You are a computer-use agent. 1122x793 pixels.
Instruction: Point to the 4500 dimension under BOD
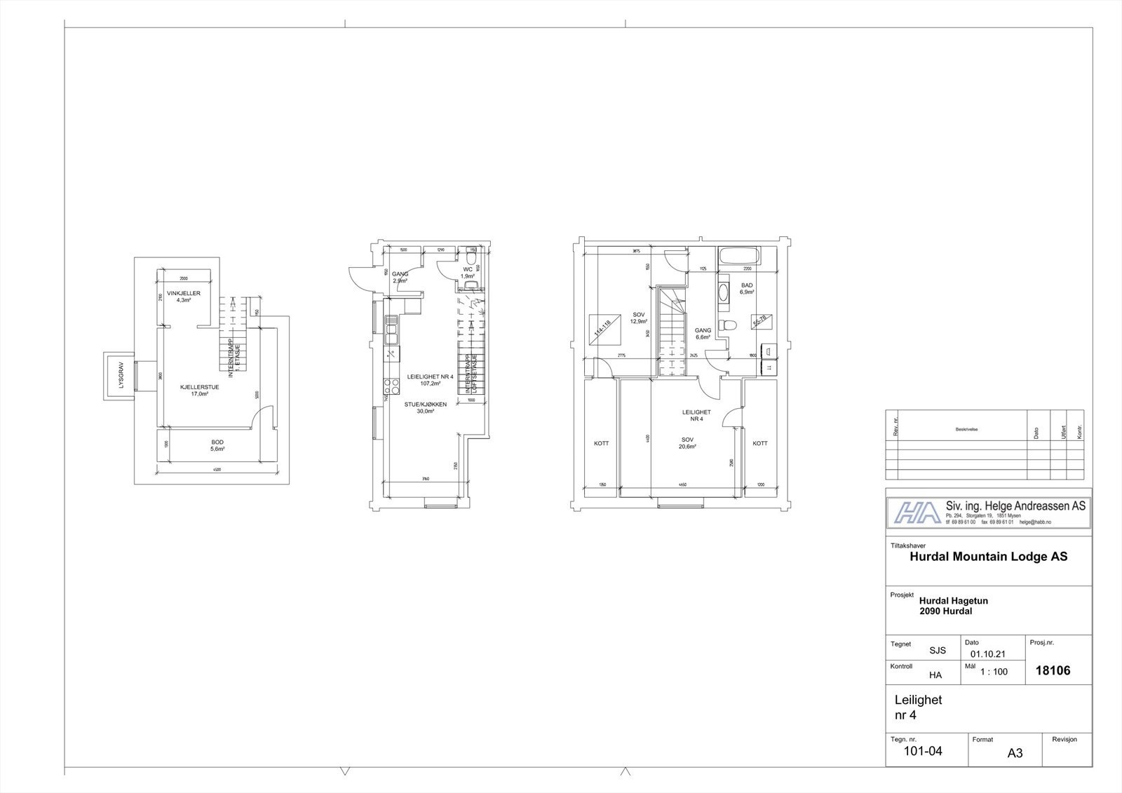tap(217, 468)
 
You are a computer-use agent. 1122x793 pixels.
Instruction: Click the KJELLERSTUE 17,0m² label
tap(199, 390)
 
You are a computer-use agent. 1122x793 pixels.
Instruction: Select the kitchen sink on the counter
tap(391, 330)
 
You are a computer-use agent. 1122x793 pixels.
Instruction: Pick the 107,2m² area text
tap(431, 384)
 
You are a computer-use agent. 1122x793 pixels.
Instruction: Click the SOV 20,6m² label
tap(687, 443)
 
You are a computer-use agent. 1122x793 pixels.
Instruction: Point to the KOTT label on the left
tap(601, 443)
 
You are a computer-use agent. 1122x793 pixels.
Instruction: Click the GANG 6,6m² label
tap(703, 333)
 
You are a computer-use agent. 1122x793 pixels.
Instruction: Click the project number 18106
tap(1053, 670)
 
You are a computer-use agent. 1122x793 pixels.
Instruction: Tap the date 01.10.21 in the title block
tap(988, 653)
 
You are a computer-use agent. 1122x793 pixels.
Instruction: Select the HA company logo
tap(915, 513)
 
